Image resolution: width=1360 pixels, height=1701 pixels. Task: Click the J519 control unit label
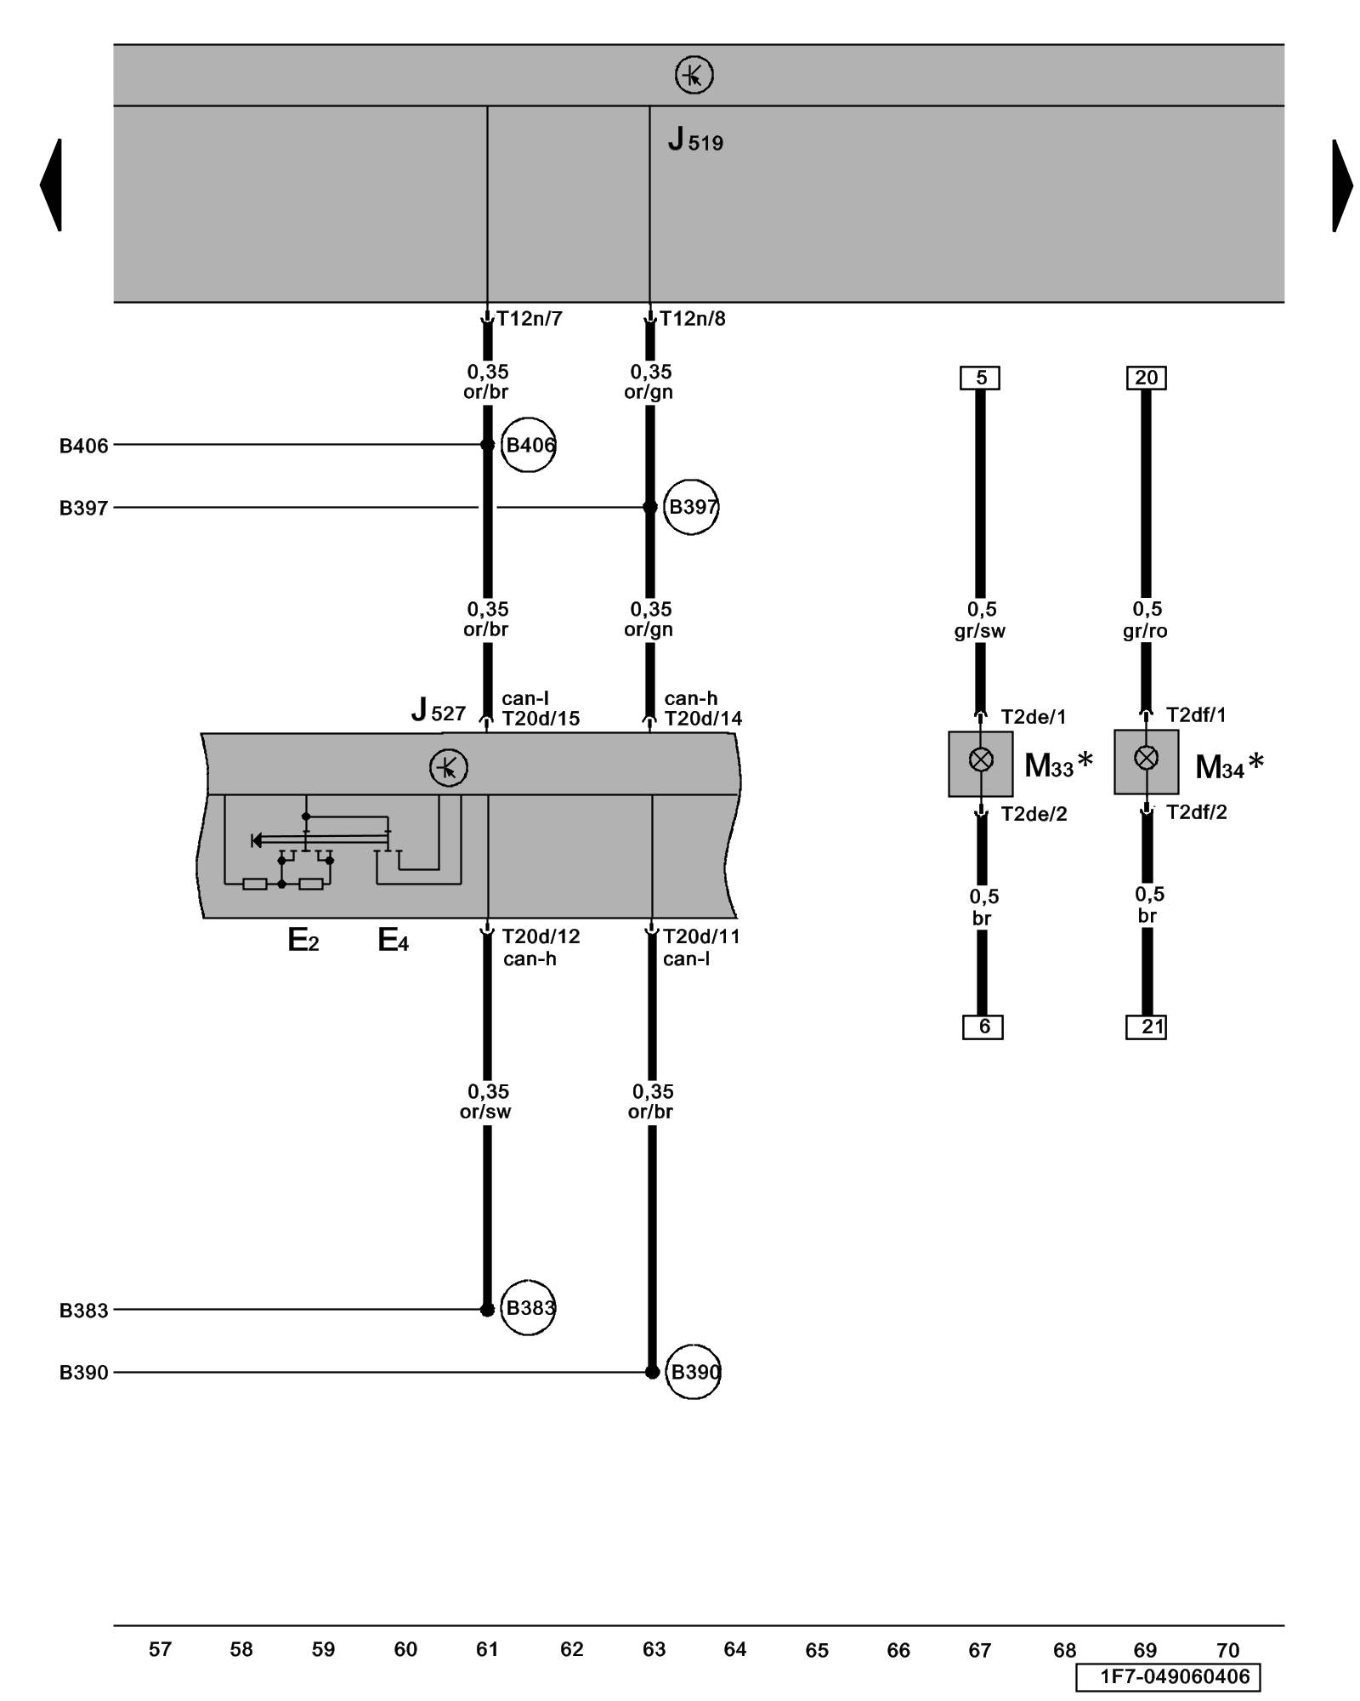pos(695,139)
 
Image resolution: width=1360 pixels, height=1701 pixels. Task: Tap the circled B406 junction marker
pos(528,445)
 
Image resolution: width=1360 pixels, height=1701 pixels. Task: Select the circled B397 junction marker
pos(691,507)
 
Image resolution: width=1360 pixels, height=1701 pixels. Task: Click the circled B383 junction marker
pos(528,1307)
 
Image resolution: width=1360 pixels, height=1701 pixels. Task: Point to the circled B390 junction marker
pos(693,1372)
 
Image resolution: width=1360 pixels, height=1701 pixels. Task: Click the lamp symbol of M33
pos(981,759)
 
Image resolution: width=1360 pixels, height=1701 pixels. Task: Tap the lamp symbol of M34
pos(1147,757)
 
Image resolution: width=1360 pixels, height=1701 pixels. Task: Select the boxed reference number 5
pos(980,378)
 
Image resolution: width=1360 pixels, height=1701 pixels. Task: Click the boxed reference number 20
pos(1147,378)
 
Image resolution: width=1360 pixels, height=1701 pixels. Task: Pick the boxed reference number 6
pos(983,1027)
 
